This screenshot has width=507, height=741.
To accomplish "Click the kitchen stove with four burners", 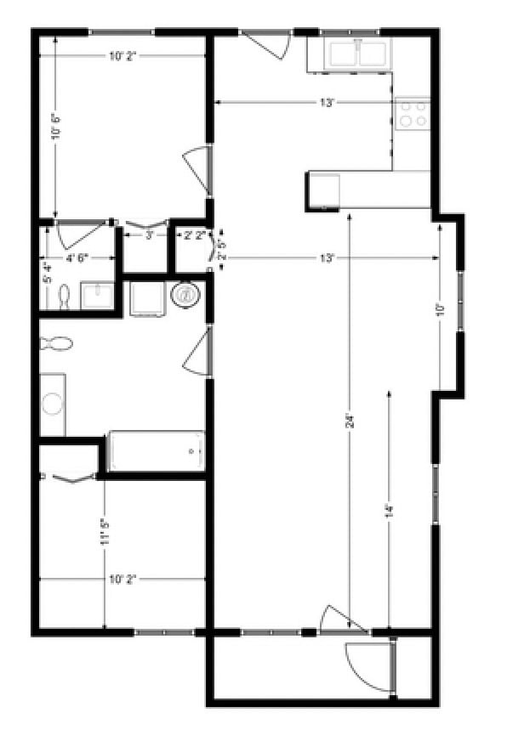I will [413, 114].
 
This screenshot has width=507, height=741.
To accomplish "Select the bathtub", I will [157, 451].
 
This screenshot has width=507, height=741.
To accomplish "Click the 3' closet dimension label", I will [149, 235].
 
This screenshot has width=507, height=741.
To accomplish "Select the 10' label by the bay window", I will [439, 309].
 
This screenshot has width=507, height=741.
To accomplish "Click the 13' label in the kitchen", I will [327, 103].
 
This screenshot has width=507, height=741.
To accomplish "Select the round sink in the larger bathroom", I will [53, 404].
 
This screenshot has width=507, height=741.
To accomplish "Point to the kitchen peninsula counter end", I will [323, 191].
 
